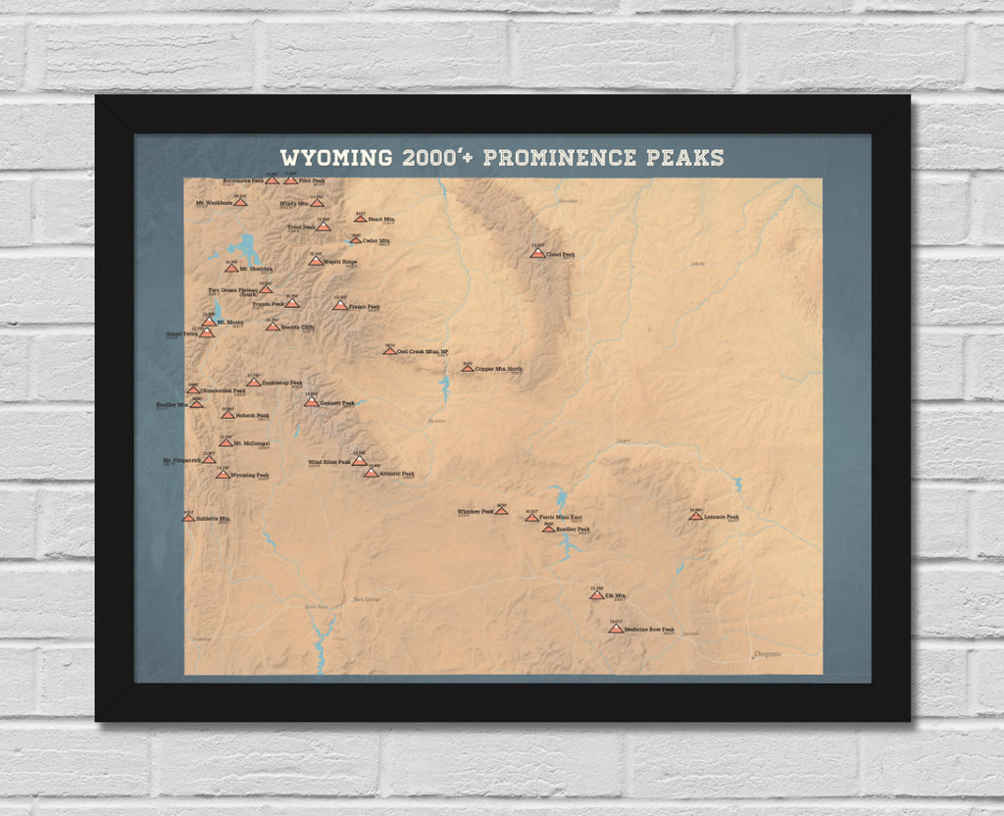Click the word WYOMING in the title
pyautogui.click(x=333, y=158)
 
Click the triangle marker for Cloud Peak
pyautogui.click(x=537, y=253)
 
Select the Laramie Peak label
pyautogui.click(x=721, y=517)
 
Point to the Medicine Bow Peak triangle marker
pyautogui.click(x=616, y=629)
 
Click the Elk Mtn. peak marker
pyautogui.click(x=597, y=594)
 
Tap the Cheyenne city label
pyautogui.click(x=768, y=654)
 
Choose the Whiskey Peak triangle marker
pyautogui.click(x=501, y=510)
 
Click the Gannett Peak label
pyautogui.click(x=336, y=402)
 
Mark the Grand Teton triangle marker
pyautogui.click(x=207, y=332)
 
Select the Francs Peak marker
pyautogui.click(x=339, y=305)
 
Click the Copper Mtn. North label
pyautogui.click(x=499, y=370)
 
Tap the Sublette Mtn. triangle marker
pyautogui.click(x=188, y=517)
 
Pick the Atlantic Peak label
pyautogui.click(x=397, y=475)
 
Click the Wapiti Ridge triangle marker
pyautogui.click(x=315, y=261)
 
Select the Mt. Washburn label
pyautogui.click(x=214, y=203)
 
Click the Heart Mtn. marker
pyautogui.click(x=360, y=218)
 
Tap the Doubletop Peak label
pyautogui.click(x=282, y=382)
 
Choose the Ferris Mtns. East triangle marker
pyautogui.click(x=531, y=516)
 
